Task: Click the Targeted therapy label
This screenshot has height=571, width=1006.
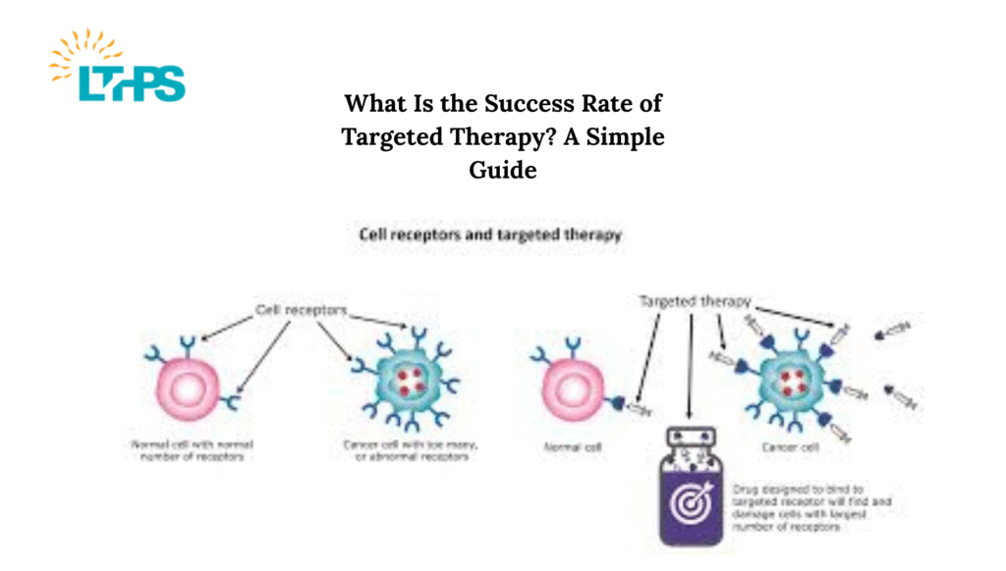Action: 682,301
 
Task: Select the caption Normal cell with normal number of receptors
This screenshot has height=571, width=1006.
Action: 185,451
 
